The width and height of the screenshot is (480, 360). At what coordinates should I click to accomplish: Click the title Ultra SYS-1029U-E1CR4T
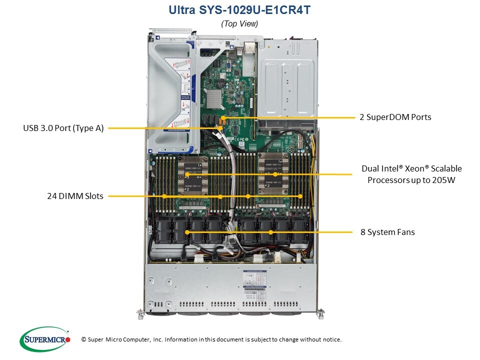(239, 9)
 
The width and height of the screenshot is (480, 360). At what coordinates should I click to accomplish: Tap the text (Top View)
(239, 23)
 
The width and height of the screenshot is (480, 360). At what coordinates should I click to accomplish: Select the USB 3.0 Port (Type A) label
(63, 128)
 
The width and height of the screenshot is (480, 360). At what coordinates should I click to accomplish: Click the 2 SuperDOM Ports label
(395, 117)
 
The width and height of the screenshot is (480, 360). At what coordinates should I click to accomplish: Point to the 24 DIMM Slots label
(72, 196)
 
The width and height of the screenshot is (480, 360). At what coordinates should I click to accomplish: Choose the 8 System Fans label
(387, 232)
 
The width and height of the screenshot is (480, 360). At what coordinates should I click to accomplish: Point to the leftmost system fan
(165, 231)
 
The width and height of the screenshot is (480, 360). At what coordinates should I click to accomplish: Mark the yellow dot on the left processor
(186, 174)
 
